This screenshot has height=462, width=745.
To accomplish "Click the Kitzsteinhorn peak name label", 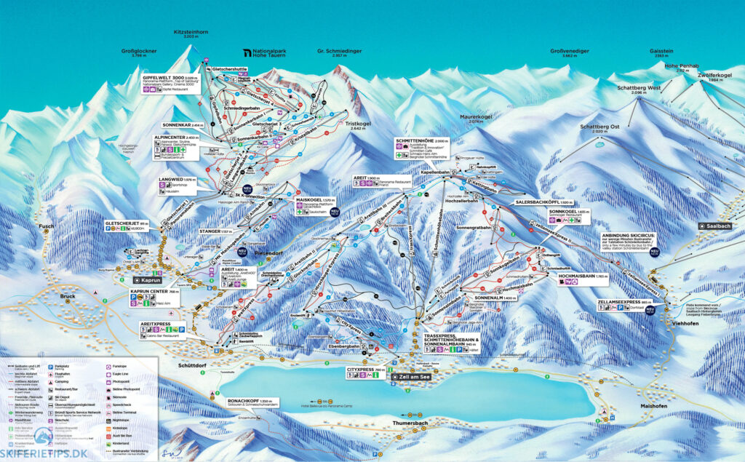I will click(x=191, y=32).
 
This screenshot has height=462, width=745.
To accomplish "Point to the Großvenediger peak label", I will click(x=569, y=52).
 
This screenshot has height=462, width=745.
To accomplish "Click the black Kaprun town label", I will click(x=150, y=279).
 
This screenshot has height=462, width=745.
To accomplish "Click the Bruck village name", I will click(x=68, y=296).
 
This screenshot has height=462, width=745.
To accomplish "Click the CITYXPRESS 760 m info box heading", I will click(x=364, y=370).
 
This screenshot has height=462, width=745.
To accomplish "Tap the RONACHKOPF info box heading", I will click(x=240, y=401).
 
